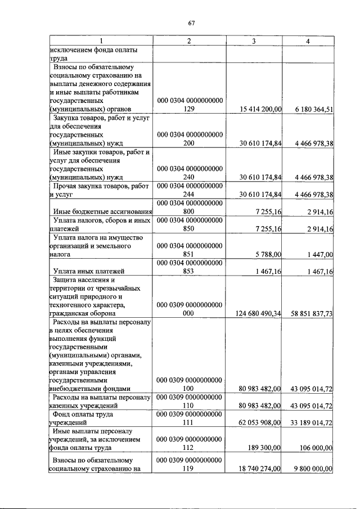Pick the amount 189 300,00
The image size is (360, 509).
[264, 448]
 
